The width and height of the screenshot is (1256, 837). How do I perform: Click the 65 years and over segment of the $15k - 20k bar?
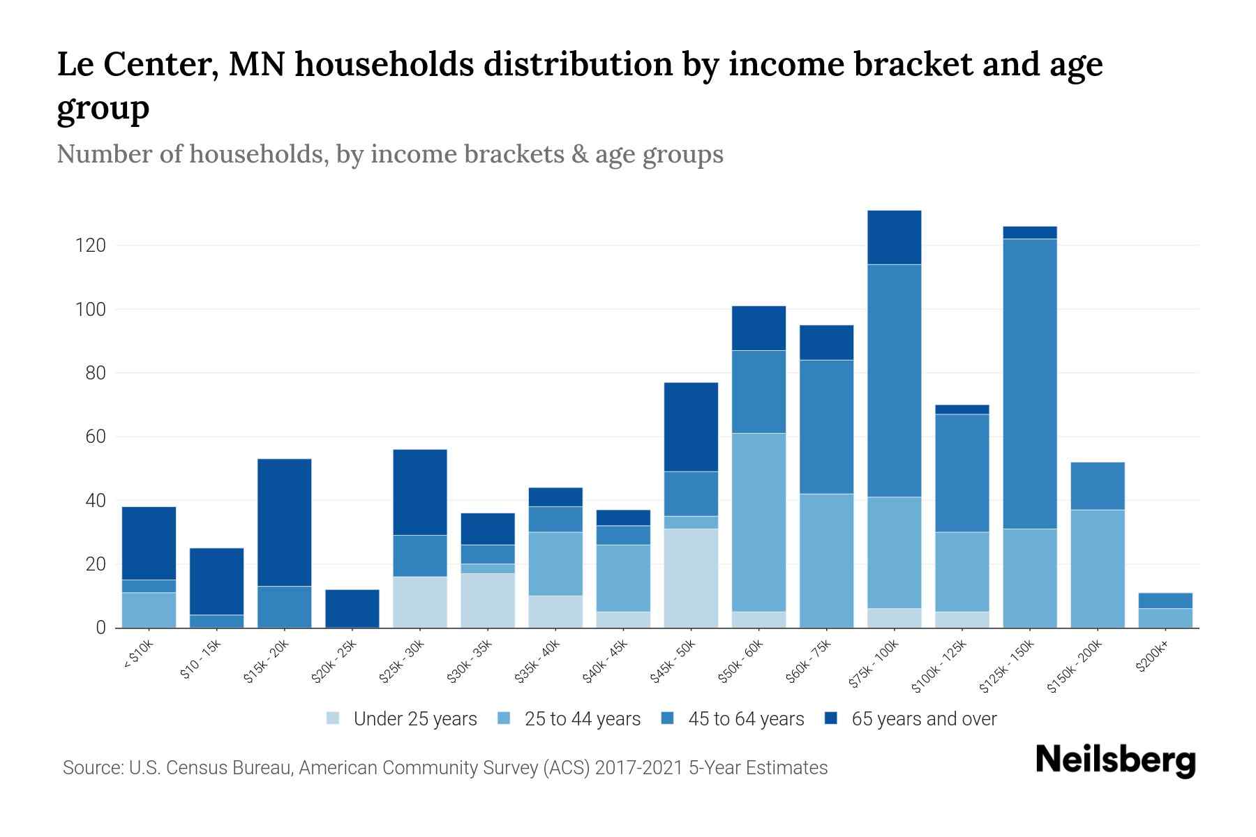pyautogui.click(x=284, y=522)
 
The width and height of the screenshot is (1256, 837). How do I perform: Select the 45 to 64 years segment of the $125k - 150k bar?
pyautogui.click(x=1029, y=384)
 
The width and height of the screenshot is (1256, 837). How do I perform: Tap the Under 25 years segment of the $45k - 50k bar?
pyautogui.click(x=691, y=578)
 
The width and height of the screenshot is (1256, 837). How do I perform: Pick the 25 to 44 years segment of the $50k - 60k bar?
pyautogui.click(x=758, y=522)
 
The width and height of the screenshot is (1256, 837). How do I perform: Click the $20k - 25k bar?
pyautogui.click(x=352, y=608)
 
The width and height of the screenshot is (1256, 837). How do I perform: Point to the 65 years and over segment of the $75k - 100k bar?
pyautogui.click(x=894, y=237)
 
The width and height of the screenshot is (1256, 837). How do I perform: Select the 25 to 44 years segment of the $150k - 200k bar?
pyautogui.click(x=1097, y=568)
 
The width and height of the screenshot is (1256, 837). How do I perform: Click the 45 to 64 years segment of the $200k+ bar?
pyautogui.click(x=1165, y=601)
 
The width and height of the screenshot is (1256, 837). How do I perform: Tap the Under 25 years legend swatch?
pyautogui.click(x=334, y=718)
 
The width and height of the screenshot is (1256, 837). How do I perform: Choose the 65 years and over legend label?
pyautogui.click(x=924, y=718)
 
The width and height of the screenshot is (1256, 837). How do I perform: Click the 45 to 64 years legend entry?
pyautogui.click(x=733, y=718)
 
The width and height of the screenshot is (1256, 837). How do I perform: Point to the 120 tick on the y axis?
pyautogui.click(x=91, y=246)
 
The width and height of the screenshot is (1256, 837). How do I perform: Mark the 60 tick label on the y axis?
pyautogui.click(x=95, y=437)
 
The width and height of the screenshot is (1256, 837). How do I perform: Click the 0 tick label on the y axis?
pyautogui.click(x=100, y=628)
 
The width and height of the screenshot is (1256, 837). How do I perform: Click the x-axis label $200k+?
pyautogui.click(x=1151, y=657)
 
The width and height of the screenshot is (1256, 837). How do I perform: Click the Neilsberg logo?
pyautogui.click(x=1115, y=760)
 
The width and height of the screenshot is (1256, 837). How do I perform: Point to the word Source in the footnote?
pyautogui.click(x=91, y=768)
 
